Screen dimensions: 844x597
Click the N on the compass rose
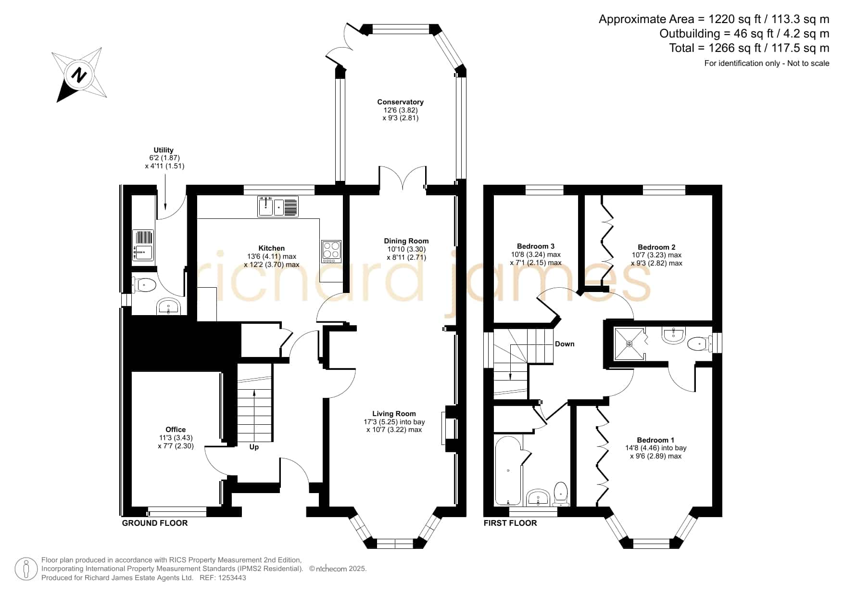pos(78,75)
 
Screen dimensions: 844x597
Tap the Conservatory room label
pos(400,102)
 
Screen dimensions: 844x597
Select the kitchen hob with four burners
pos(331,251)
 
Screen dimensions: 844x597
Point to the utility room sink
pos(143,245)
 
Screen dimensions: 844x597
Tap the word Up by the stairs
pos(254,447)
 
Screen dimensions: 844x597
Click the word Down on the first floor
pos(565,344)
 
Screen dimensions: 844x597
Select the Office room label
pos(176,430)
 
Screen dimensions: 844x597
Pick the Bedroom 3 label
pos(536,246)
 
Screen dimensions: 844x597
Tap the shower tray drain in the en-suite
pos(629,343)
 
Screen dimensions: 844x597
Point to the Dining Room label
pos(406,241)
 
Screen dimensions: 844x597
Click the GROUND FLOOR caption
pos(155,523)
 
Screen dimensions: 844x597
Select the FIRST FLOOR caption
pos(510,523)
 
